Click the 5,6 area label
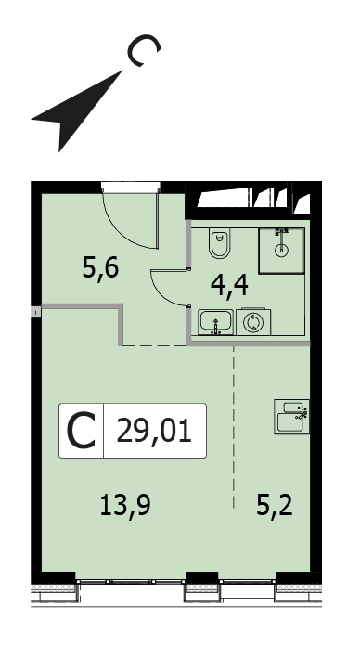click(x=100, y=268)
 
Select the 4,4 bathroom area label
click(x=229, y=286)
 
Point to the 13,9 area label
click(x=125, y=506)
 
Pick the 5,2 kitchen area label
click(x=275, y=506)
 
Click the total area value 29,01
click(x=154, y=431)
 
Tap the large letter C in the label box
click(x=82, y=432)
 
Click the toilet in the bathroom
click(x=219, y=243)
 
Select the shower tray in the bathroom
click(x=282, y=251)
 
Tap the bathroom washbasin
click(x=215, y=322)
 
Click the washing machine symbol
click(x=253, y=322)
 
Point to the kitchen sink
click(x=291, y=417)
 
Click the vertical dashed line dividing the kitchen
click(x=234, y=427)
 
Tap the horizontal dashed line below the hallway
click(x=154, y=346)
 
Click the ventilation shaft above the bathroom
click(x=253, y=200)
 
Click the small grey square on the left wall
click(x=36, y=312)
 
